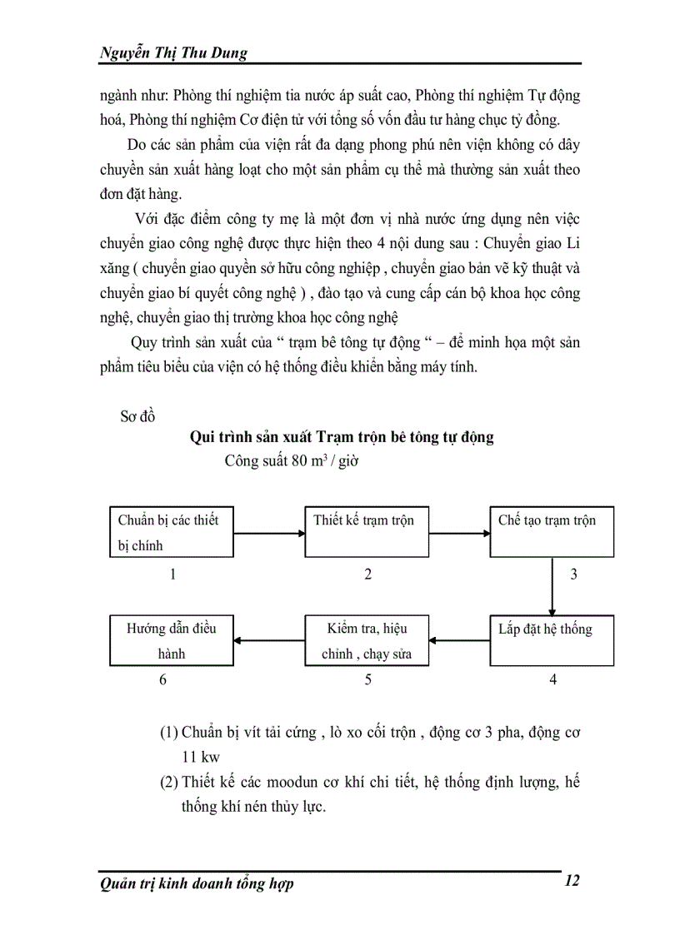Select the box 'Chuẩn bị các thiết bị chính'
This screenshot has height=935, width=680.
click(x=171, y=531)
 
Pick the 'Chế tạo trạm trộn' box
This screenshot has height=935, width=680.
click(x=551, y=531)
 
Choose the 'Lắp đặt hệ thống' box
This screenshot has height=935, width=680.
click(x=551, y=640)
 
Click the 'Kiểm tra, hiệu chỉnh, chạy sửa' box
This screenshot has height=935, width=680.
click(x=367, y=640)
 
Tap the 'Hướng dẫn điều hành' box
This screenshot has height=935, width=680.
click(x=171, y=640)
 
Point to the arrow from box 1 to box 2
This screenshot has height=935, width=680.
click(x=267, y=532)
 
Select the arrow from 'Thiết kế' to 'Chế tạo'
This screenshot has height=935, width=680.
click(x=458, y=532)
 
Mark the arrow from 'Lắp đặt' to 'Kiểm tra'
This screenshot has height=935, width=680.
click(x=459, y=641)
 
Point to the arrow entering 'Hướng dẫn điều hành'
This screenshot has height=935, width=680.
click(x=268, y=641)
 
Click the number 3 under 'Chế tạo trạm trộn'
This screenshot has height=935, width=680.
click(x=573, y=574)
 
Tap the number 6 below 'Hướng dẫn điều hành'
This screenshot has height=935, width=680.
click(x=163, y=680)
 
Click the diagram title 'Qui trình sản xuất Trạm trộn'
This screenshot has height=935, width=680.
click(x=342, y=437)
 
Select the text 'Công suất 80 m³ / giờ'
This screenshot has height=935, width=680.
click(x=291, y=462)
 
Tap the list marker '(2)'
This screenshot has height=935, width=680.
click(x=169, y=782)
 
